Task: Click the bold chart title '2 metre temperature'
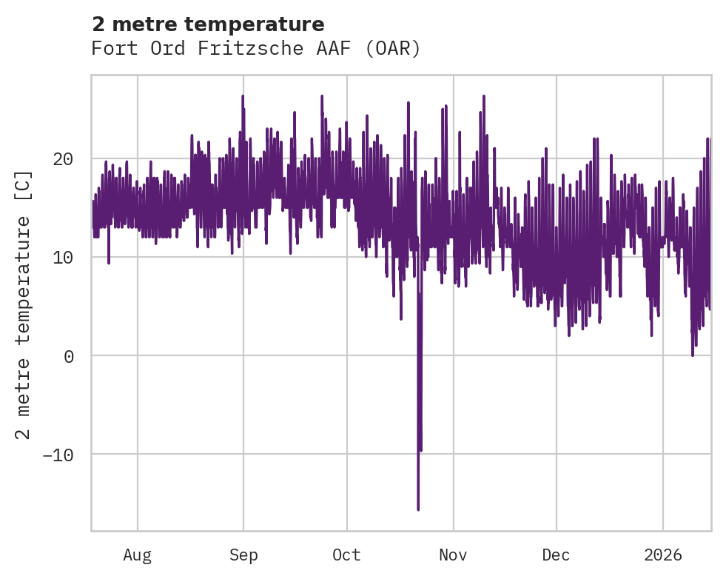point(208,24)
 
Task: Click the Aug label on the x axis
point(138,555)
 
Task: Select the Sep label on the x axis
point(243,555)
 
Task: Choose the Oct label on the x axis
point(346,555)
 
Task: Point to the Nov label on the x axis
point(453,555)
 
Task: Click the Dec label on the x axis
point(556,555)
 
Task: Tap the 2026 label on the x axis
point(662,555)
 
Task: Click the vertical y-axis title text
point(24,304)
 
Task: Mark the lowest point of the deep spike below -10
point(418,509)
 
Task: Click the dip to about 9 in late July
point(109,262)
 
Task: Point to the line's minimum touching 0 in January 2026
point(693,355)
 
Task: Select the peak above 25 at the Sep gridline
point(243,97)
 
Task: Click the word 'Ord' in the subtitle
point(167,49)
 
